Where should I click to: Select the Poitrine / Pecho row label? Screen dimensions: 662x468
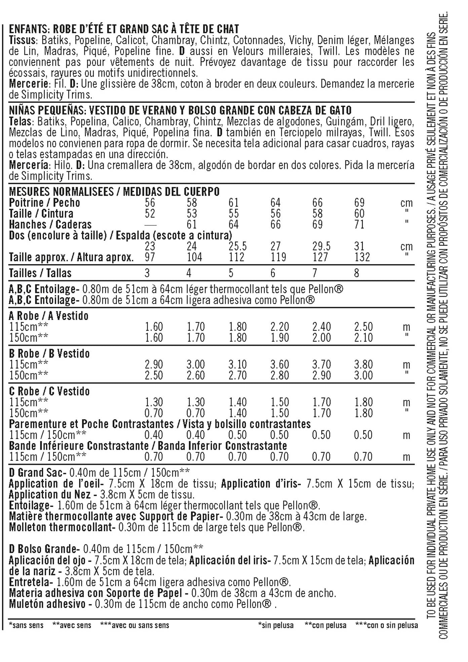coord(44,203)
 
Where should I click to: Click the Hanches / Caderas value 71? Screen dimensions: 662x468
coord(359,224)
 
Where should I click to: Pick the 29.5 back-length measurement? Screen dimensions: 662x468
coord(321,246)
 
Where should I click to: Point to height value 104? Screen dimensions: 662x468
coord(194,257)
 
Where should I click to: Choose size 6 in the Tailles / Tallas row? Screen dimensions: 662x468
coord(273,273)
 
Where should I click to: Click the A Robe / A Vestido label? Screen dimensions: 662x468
coord(49,316)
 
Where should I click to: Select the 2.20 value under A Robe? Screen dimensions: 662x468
coord(280,327)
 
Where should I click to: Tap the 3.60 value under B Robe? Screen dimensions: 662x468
coord(280,364)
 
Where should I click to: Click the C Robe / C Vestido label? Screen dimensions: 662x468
coord(49,391)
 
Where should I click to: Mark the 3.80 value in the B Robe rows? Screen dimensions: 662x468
coord(363,364)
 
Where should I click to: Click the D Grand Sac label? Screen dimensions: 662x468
coord(36,473)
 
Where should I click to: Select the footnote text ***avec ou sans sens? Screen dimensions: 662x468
coord(134,625)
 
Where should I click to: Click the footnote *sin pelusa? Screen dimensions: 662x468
coord(276,625)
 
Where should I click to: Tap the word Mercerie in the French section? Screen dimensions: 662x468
coord(28,84)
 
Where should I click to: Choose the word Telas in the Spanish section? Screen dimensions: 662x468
coord(20,121)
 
